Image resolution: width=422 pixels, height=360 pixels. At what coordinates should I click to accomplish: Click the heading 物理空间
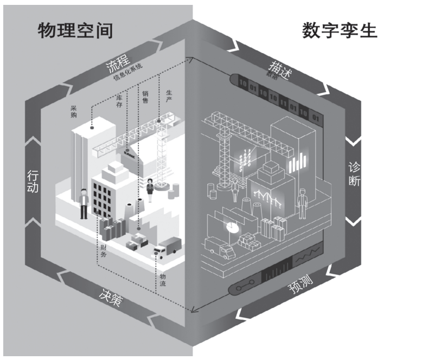[x=75, y=30]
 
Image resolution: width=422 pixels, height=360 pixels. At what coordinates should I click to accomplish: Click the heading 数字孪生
[x=339, y=30]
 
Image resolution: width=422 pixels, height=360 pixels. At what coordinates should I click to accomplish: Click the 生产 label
[x=169, y=95]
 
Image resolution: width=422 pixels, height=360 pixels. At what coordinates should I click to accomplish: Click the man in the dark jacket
[x=84, y=202]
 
